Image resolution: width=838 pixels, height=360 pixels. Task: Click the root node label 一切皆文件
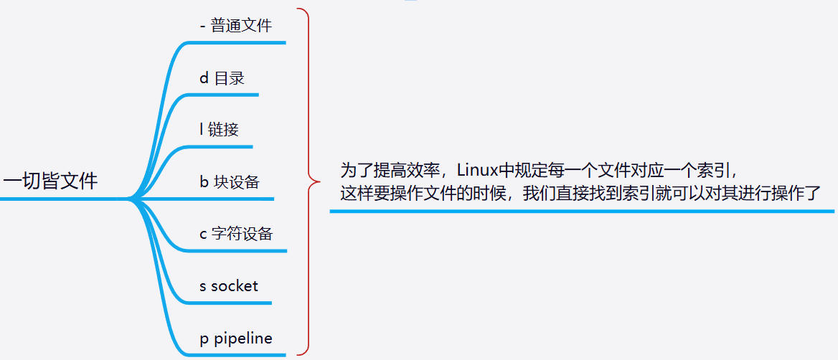50,181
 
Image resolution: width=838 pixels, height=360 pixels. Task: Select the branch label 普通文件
241,26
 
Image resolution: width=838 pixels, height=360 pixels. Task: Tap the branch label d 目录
222,78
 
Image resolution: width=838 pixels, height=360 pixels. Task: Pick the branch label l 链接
220,130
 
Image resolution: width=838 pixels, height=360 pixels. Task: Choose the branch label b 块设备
230,182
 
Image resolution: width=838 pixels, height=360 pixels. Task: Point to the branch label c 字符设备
236,234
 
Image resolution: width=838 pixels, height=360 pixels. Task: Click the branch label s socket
229,286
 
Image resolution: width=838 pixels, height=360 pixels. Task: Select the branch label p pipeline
236,338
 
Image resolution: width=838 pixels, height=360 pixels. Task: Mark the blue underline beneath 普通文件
237,42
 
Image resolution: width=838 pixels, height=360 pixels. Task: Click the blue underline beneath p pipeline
237,354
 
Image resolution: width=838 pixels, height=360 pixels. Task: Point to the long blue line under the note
581,211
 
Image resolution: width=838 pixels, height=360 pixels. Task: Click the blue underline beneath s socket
230,302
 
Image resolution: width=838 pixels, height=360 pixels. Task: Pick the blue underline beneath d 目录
222,95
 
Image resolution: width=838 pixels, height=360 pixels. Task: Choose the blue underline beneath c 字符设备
237,250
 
